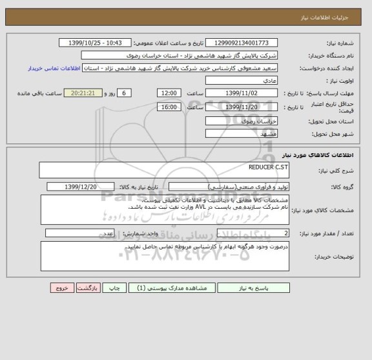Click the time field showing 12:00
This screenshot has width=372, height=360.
pos(169,93)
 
